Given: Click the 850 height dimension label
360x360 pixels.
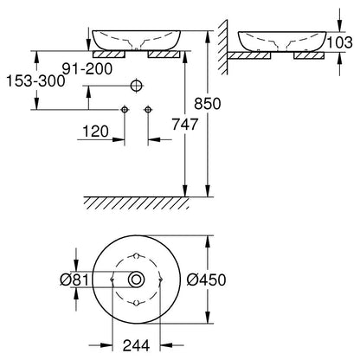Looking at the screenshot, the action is (207, 104).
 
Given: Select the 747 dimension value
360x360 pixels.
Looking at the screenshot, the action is (185, 124).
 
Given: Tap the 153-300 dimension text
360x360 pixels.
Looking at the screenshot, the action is (35, 81).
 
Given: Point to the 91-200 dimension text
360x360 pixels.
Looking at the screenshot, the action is (87, 68).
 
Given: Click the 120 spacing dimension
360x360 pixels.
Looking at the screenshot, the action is (95, 132).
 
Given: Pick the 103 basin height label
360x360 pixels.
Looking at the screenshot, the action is (340, 42).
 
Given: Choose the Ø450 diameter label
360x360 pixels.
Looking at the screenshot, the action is (206, 280).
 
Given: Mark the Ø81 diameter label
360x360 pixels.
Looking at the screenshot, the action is (74, 280).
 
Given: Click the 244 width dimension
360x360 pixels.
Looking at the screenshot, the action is (136, 345).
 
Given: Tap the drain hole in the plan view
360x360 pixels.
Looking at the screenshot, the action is (136, 280).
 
